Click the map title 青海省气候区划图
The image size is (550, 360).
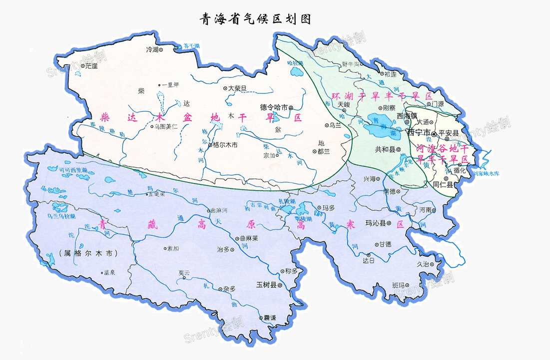click(255, 19)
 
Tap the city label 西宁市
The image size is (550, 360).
click(419, 133)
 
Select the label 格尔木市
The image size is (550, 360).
click(225, 145)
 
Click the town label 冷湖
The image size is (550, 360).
click(151, 49)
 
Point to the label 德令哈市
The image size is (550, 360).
click(274, 107)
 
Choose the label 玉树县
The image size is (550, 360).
click(266, 284)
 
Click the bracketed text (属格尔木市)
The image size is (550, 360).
click(88, 253)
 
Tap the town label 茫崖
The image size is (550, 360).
click(91, 65)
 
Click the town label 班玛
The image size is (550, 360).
click(400, 285)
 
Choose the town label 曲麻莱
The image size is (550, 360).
click(248, 238)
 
